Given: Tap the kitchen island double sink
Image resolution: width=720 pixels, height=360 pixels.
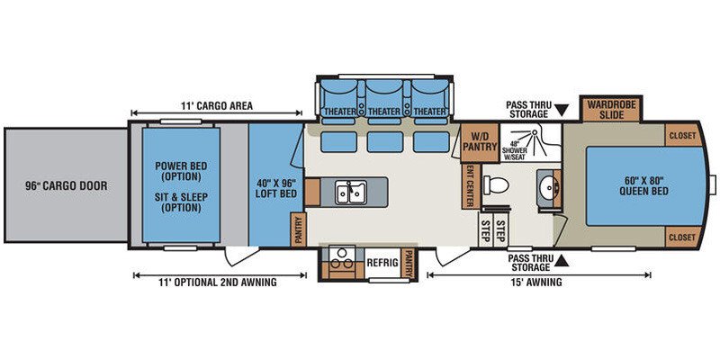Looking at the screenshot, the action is [350, 193].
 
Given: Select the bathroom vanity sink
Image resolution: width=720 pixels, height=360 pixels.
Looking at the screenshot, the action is [547, 187].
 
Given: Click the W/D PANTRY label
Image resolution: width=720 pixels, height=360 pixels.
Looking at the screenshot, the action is [480, 142].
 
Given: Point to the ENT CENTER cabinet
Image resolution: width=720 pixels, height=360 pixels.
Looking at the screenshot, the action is [471, 185].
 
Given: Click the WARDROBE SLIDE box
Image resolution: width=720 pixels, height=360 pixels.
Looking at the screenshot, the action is [612, 109].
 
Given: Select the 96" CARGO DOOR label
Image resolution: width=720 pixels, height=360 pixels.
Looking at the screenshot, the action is [66, 186].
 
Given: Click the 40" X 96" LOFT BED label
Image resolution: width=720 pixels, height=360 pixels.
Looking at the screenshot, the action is [275, 188].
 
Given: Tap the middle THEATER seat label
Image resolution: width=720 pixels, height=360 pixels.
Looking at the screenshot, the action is [384, 112].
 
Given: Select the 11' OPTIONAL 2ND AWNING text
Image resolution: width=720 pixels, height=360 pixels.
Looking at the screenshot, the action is [218, 283].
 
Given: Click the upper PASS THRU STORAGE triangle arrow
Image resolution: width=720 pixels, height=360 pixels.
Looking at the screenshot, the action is [562, 110].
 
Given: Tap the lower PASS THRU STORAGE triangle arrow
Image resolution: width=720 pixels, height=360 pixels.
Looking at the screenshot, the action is [562, 262].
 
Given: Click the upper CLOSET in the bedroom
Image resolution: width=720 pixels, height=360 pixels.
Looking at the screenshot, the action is [683, 136].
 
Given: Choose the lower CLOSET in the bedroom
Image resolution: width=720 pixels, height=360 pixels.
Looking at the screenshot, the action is [683, 237].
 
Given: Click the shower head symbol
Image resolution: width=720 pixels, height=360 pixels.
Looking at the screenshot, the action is [535, 133].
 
